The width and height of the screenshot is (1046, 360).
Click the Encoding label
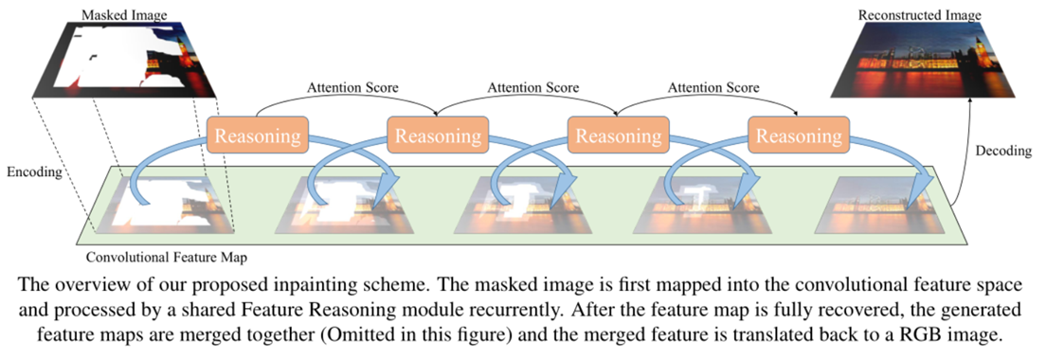pyautogui.click(x=33, y=173)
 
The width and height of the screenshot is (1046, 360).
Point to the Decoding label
pyautogui.click(x=1001, y=150)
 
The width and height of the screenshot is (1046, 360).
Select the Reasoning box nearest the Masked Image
pyautogui.click(x=258, y=136)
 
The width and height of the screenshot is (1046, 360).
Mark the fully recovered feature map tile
pyautogui.click(x=882, y=207)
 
